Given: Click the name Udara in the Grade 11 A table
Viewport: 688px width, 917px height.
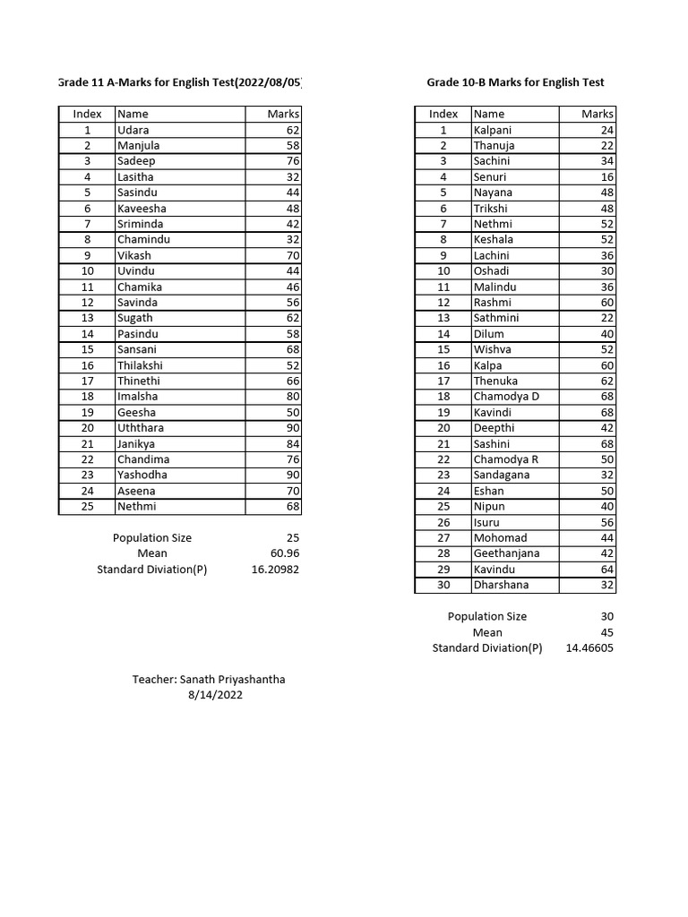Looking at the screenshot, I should pyautogui.click(x=133, y=130).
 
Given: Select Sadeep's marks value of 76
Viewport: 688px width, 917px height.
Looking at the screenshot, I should pyautogui.click(x=292, y=161).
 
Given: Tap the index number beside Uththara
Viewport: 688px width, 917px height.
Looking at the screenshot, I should pyautogui.click(x=87, y=428).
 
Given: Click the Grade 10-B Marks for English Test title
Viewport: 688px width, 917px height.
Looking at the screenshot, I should pyautogui.click(x=515, y=82).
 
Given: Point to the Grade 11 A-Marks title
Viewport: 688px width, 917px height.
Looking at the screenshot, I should pyautogui.click(x=180, y=82).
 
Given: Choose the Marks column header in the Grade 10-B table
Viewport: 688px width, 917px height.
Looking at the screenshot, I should pyautogui.click(x=597, y=114).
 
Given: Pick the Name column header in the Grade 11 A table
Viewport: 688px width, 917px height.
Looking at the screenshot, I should pyautogui.click(x=133, y=114).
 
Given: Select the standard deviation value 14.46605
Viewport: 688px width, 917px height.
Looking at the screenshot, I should pyautogui.click(x=589, y=648).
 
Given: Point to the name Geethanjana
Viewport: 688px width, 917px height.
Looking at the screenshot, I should pyautogui.click(x=506, y=553).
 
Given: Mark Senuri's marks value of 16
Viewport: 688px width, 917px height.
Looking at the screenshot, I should pyautogui.click(x=606, y=177).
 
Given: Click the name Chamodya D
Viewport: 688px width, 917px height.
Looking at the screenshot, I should pyautogui.click(x=506, y=397).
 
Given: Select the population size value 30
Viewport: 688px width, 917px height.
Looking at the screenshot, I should pyautogui.click(x=606, y=616).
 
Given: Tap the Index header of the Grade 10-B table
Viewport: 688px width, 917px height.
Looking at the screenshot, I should pyautogui.click(x=443, y=114).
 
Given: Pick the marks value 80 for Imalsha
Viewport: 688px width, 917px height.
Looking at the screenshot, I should pyautogui.click(x=292, y=397).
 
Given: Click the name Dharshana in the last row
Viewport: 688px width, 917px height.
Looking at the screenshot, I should pyautogui.click(x=501, y=585).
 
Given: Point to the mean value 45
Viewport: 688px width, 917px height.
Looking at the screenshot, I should pyautogui.click(x=606, y=632).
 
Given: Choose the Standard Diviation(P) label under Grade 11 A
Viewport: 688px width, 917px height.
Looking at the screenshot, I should pyautogui.click(x=152, y=570).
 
